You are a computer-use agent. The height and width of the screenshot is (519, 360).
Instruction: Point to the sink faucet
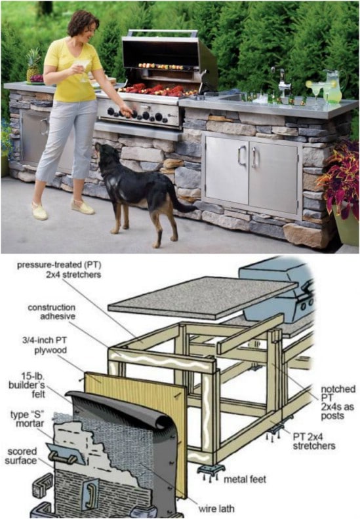coord(281,81)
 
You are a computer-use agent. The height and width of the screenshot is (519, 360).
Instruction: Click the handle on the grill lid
coord(163,33)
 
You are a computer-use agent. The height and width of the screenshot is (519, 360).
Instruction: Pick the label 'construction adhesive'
coord(52,312)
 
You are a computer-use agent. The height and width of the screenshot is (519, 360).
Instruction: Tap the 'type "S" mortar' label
coord(27,419)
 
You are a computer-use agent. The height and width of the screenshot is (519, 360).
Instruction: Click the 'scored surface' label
coord(21,456)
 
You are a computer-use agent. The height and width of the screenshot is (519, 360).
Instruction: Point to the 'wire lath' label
coord(216,509)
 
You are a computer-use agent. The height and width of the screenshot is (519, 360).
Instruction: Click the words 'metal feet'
coord(245,479)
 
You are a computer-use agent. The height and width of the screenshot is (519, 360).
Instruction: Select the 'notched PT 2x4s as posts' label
coord(338,402)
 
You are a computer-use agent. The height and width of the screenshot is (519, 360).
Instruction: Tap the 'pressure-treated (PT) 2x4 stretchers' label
coord(59,269)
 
